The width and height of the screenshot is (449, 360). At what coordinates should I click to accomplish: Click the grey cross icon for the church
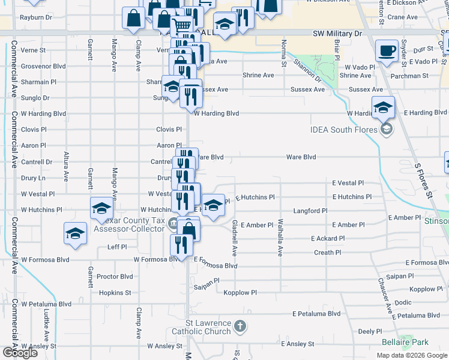click(240, 327)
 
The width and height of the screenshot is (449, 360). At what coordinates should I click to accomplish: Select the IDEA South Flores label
click(345, 129)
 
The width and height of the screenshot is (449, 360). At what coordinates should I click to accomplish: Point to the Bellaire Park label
click(405, 342)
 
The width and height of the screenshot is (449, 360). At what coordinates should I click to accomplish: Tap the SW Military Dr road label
click(335, 35)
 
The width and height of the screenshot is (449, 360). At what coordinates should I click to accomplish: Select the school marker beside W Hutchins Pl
click(101, 208)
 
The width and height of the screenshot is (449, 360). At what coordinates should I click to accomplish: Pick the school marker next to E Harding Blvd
click(383, 107)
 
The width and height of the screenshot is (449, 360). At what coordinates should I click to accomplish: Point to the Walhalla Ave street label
click(280, 238)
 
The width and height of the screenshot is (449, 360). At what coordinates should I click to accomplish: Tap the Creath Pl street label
click(328, 253)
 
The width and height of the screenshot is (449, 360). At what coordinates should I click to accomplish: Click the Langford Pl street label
click(310, 211)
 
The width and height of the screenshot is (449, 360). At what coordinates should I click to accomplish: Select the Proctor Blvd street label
click(115, 277)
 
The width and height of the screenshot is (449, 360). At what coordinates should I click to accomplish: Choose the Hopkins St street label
click(115, 293)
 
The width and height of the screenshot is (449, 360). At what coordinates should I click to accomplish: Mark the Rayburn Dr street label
click(36, 18)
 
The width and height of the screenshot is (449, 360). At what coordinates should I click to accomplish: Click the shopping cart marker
click(182, 26)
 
